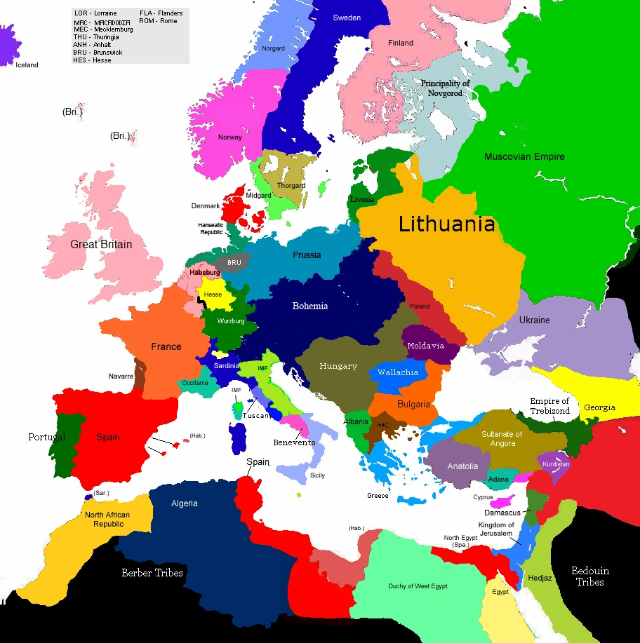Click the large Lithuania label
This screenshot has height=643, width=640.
click(x=447, y=224)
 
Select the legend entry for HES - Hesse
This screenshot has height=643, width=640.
click(x=92, y=60)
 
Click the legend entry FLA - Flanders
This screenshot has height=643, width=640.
click(x=161, y=13)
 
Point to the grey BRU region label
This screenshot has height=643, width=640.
click(x=234, y=263)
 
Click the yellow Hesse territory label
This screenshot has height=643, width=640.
click(x=213, y=295)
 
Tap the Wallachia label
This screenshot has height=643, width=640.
click(x=398, y=372)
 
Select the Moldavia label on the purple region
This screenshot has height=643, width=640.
click(x=425, y=346)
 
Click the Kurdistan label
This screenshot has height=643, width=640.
click(x=556, y=464)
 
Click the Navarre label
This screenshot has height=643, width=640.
click(x=121, y=377)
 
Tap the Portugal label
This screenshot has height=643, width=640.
click(x=46, y=437)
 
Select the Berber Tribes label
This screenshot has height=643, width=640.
click(x=152, y=573)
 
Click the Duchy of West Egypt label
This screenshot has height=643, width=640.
click(x=418, y=586)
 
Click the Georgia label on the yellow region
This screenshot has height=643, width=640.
click(x=599, y=407)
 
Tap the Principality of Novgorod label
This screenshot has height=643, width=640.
click(x=445, y=88)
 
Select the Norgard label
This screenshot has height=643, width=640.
click(x=273, y=48)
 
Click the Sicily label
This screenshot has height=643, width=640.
click(x=317, y=475)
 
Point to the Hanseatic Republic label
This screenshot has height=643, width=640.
click(x=211, y=229)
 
